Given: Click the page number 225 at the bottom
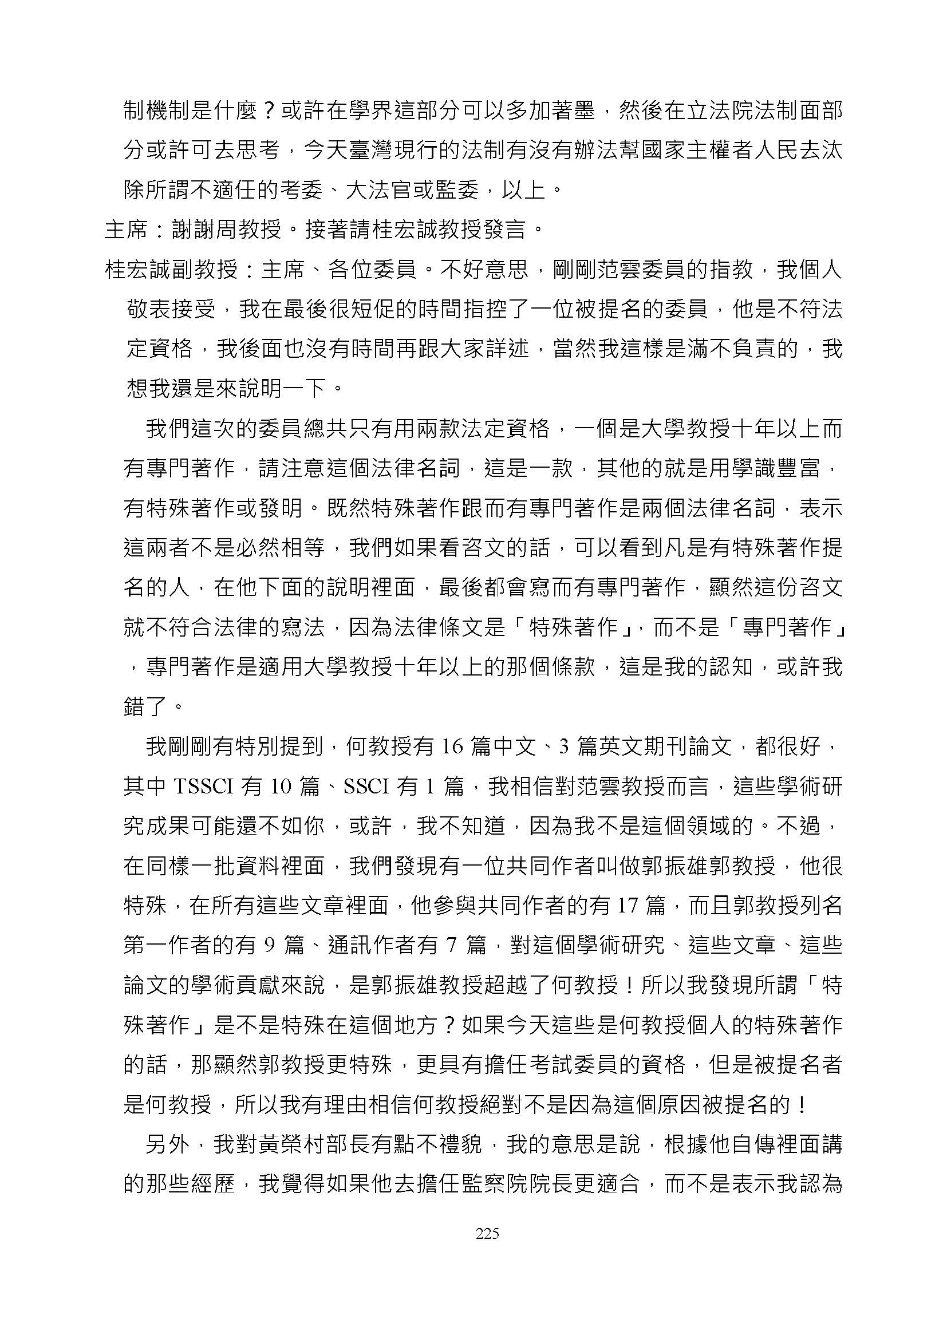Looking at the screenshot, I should click(487, 1233).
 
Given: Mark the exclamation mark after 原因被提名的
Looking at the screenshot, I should click(802, 1104).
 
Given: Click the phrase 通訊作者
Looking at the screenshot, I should click(370, 945).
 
